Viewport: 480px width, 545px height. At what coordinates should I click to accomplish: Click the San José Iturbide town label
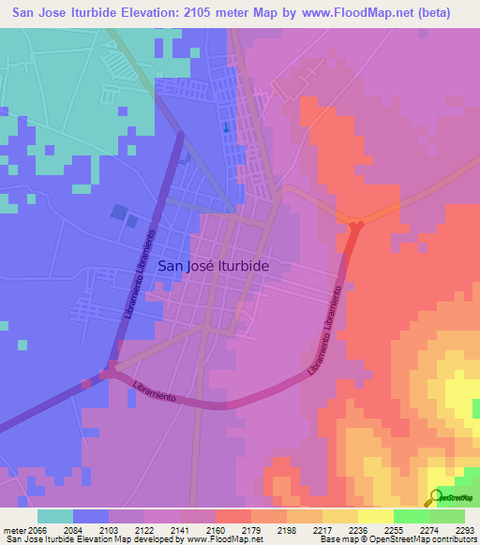click(x=214, y=266)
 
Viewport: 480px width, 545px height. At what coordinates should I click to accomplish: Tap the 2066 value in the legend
click(x=37, y=529)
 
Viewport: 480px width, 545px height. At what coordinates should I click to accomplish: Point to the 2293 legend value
click(x=466, y=529)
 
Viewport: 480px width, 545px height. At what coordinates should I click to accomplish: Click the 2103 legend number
click(x=108, y=529)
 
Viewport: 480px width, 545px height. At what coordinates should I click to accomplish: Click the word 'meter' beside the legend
click(x=12, y=529)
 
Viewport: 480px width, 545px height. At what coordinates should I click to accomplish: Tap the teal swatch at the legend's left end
click(x=55, y=516)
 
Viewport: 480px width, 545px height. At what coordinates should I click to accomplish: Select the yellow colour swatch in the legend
click(x=375, y=516)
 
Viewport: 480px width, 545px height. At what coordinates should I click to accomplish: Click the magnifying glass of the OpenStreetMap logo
click(x=434, y=497)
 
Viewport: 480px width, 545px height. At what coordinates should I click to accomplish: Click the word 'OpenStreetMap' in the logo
click(x=457, y=499)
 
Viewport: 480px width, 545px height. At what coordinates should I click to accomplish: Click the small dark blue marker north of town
click(x=225, y=128)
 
